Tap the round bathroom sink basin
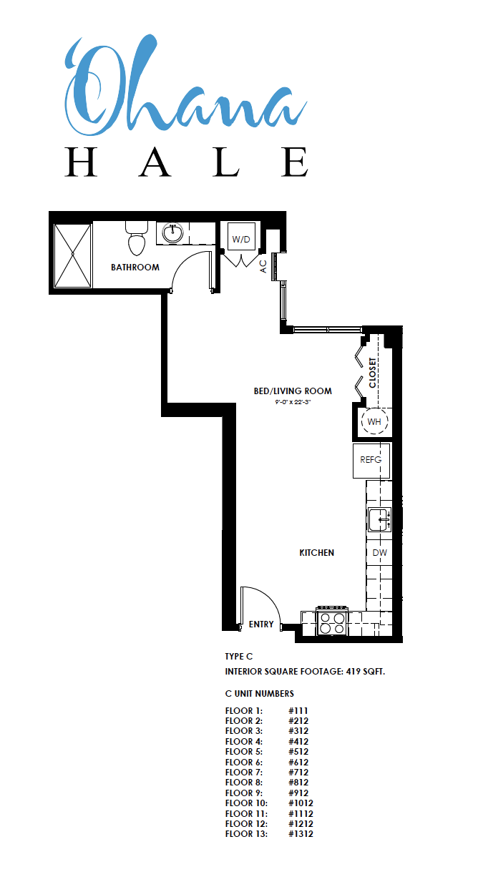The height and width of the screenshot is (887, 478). coord(173,233)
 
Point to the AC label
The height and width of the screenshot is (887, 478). coord(263,266)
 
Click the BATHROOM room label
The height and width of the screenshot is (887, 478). coord(135,268)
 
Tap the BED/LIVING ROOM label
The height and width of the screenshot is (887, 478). coord(293,391)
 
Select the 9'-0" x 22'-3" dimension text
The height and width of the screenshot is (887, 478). coord(293,402)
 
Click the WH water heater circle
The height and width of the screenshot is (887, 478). coord(374,421)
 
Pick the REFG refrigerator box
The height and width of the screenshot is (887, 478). coord(371,460)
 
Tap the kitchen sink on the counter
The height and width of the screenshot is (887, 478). coord(379,519)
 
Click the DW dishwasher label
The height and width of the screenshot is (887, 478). coord(379,553)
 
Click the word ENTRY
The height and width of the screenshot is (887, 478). coord(261,624)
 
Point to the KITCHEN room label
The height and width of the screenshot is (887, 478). coord(316,553)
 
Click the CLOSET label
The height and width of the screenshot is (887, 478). coord(372,373)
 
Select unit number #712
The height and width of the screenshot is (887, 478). coord(298,772)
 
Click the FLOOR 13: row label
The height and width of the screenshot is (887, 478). coord(246,833)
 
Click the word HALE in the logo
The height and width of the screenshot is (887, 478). coord(187,162)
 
